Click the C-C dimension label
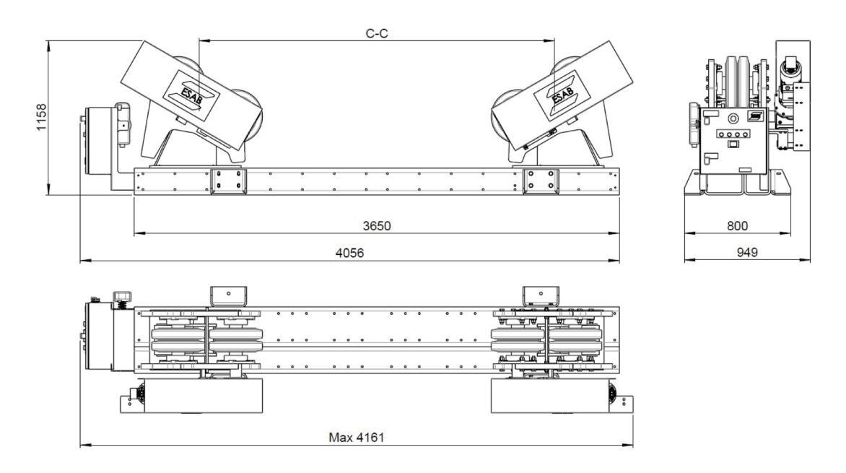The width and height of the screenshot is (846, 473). point(377,33)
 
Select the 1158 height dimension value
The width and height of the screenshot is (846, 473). point(42,117)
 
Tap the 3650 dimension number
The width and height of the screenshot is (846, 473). point(377,226)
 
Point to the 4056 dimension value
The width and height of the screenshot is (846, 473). point(349,252)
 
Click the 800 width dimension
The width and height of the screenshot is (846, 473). point(737,226)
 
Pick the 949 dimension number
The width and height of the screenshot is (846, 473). point(746,252)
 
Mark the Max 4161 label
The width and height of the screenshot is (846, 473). point(356,437)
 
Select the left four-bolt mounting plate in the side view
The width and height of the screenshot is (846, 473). point(227,181)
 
